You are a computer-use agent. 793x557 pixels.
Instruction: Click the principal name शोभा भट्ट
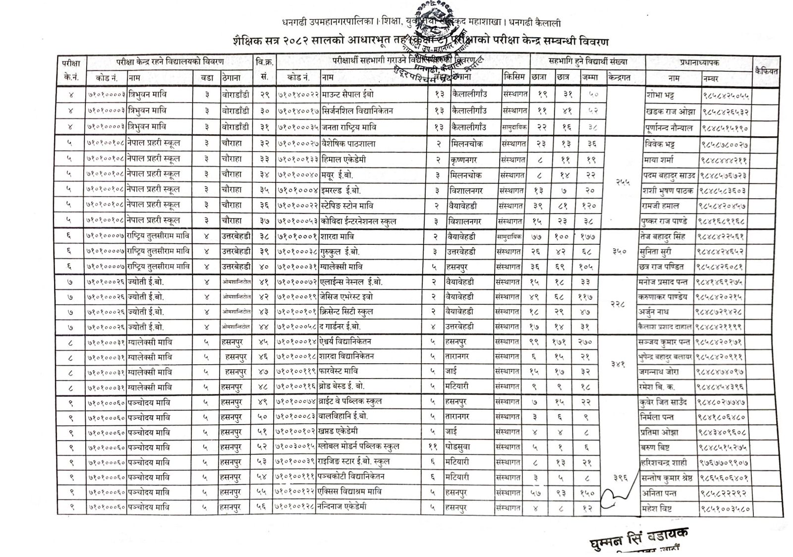[x=660, y=94]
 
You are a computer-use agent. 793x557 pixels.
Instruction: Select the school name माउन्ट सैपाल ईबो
[x=348, y=94]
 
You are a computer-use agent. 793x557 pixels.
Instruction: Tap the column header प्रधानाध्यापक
[x=699, y=62]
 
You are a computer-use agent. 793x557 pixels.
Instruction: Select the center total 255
[x=623, y=182]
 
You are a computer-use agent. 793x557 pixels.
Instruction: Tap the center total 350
[x=620, y=252]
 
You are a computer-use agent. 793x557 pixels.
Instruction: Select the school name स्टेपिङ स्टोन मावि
[x=347, y=206]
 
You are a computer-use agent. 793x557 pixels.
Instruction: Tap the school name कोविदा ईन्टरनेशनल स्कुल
[x=359, y=221]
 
